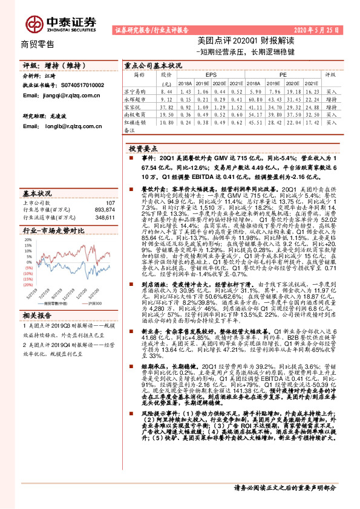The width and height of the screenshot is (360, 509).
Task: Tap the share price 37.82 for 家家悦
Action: pos(166,106)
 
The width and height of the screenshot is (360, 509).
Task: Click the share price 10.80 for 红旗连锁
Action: pos(166,122)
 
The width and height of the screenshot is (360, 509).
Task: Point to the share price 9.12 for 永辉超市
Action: pos(166,98)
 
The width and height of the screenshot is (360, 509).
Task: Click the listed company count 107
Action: pos(110,203)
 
